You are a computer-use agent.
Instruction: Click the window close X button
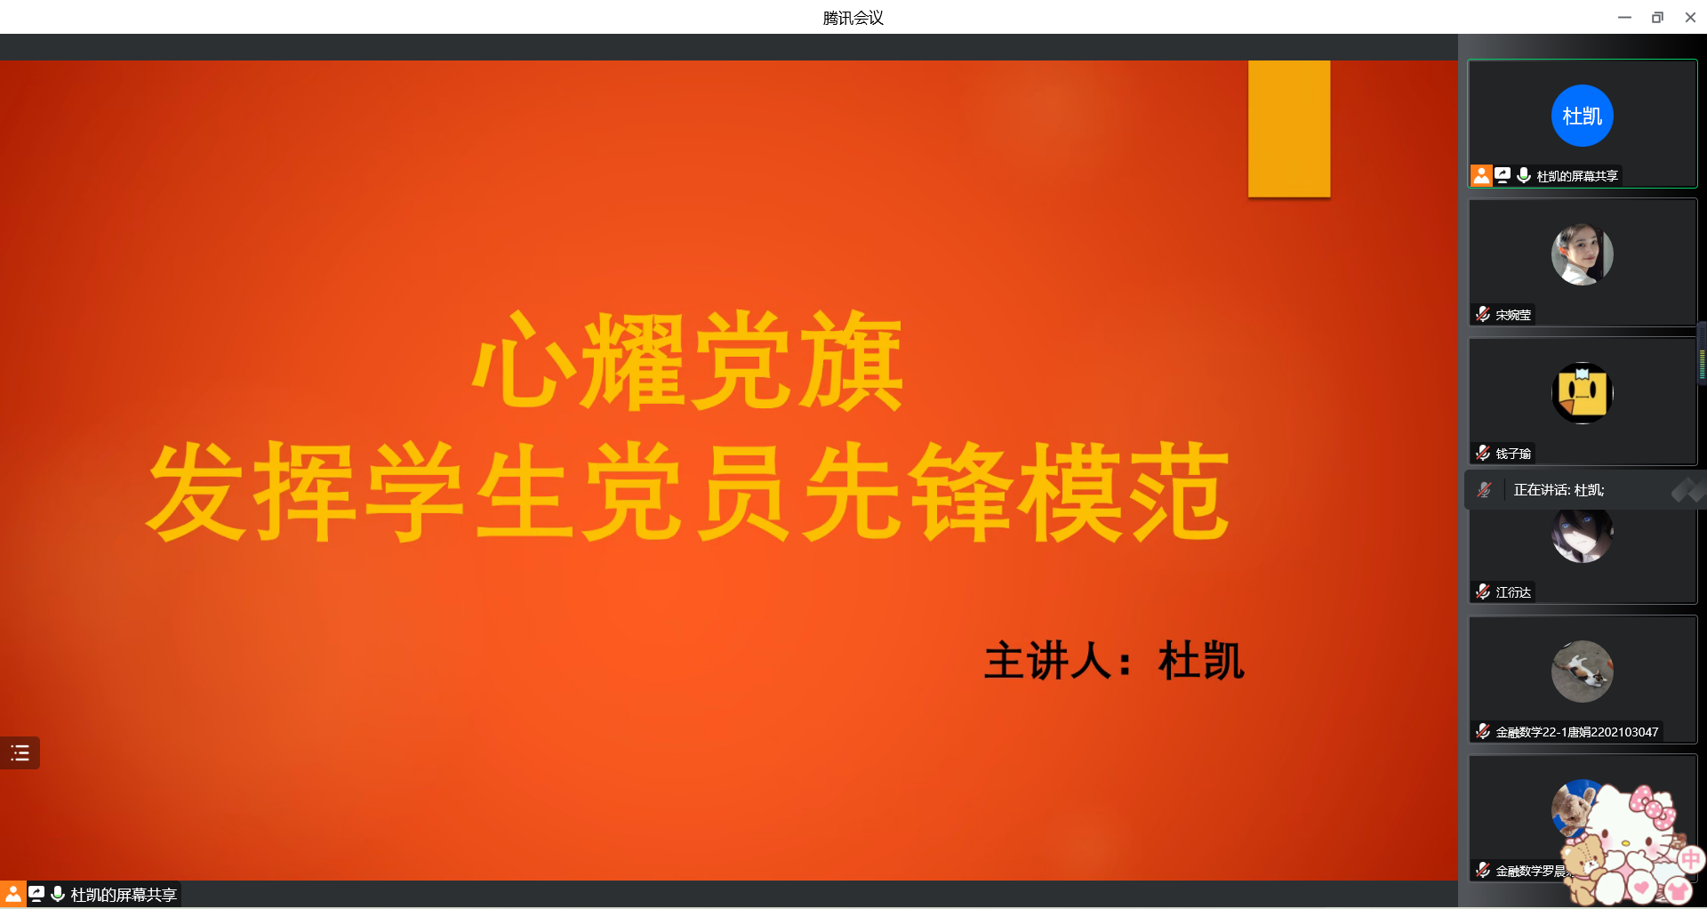[x=1690, y=17]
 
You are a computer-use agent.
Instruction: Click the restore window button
[x=1657, y=17]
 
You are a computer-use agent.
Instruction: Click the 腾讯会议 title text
[x=853, y=18]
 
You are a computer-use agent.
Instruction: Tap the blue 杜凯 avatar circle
[x=1582, y=116]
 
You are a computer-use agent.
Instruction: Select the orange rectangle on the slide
[x=1289, y=129]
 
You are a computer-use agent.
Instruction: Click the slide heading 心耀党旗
[x=688, y=361]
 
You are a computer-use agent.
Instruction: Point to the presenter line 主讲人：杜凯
[x=1114, y=661]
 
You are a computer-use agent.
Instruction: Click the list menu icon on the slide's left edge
[x=20, y=753]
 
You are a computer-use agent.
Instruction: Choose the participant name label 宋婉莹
[x=1513, y=315]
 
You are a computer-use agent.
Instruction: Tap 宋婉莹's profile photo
[x=1582, y=254]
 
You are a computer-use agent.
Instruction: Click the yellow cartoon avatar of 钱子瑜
[x=1582, y=393]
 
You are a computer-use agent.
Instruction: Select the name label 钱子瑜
[x=1513, y=454]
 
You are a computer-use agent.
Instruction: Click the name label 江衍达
[x=1513, y=592]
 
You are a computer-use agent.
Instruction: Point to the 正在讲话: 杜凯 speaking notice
[x=1559, y=490]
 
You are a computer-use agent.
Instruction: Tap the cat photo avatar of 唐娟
[x=1582, y=672]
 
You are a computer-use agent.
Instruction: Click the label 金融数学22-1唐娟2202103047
[x=1576, y=732]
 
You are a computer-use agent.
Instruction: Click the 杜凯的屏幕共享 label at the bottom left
[x=124, y=895]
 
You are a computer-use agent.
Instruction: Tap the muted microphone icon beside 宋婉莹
[x=1483, y=314]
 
